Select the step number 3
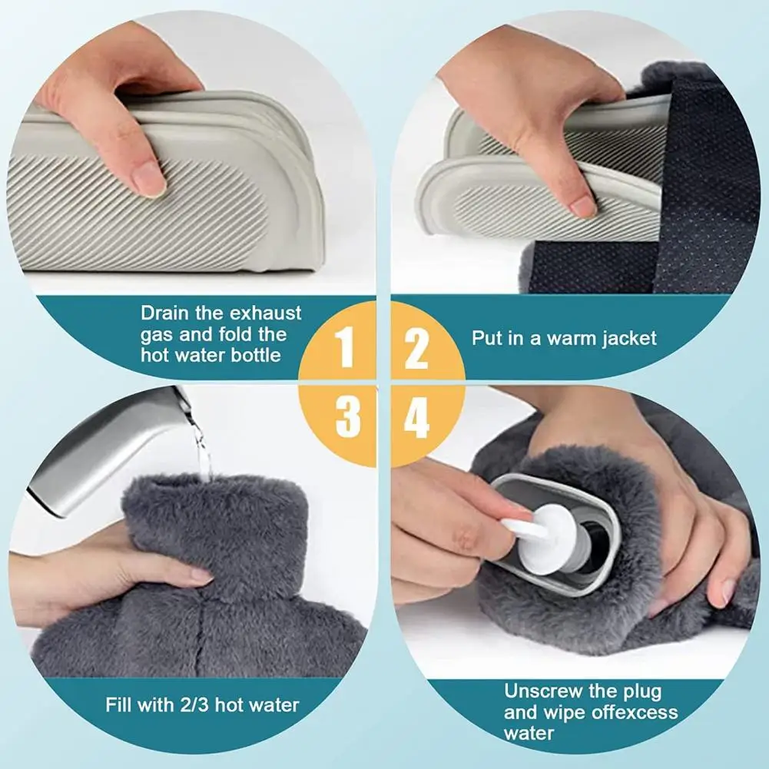pyautogui.click(x=348, y=416)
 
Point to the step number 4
pyautogui.click(x=416, y=416)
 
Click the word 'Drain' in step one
pyautogui.click(x=164, y=313)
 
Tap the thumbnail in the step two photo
pyautogui.click(x=584, y=205)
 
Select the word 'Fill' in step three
pyautogui.click(x=118, y=705)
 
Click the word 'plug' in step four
pyautogui.click(x=642, y=692)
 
